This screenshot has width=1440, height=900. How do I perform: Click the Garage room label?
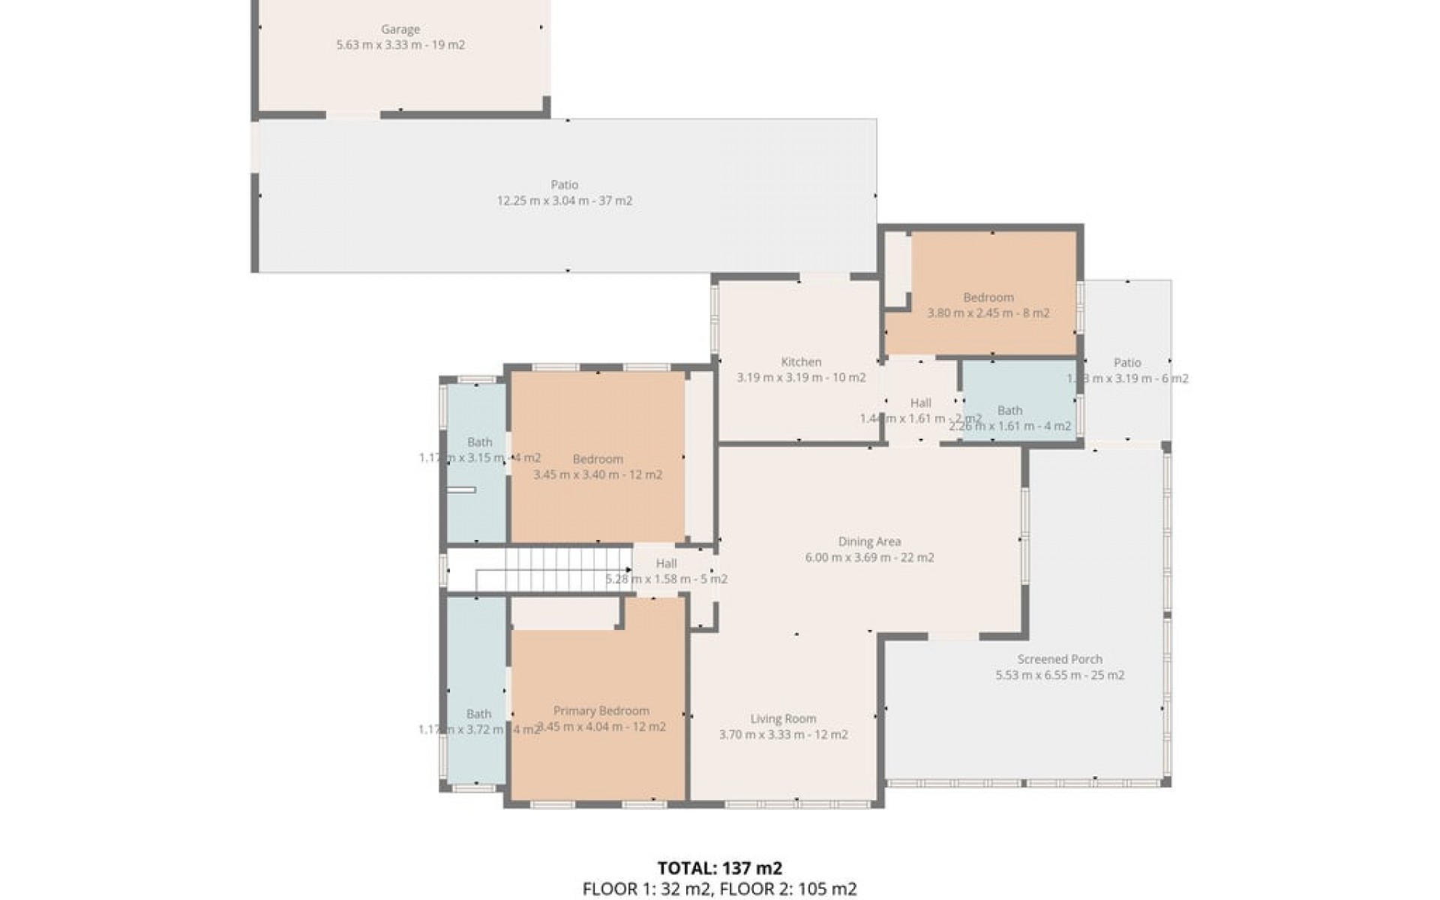pyautogui.click(x=400, y=29)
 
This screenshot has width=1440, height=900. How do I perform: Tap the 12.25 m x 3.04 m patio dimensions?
pyautogui.click(x=564, y=201)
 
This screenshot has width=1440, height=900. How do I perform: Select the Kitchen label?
pyautogui.click(x=801, y=361)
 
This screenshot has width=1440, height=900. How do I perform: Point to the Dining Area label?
pyautogui.click(x=869, y=541)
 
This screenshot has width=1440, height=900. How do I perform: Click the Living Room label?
pyautogui.click(x=783, y=718)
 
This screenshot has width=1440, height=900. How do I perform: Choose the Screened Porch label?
pyautogui.click(x=1059, y=659)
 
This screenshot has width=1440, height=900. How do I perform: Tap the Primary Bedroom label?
pyautogui.click(x=601, y=710)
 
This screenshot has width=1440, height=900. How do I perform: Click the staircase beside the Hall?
pyautogui.click(x=555, y=570)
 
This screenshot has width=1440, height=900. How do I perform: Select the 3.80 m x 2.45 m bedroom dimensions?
pyautogui.click(x=988, y=313)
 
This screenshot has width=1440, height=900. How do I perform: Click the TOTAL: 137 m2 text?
pyautogui.click(x=719, y=868)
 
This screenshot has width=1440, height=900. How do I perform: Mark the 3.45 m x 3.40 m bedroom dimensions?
pyautogui.click(x=597, y=475)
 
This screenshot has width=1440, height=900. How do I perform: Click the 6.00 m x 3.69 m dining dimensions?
pyautogui.click(x=869, y=557)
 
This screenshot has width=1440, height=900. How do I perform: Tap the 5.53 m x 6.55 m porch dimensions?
pyautogui.click(x=1059, y=675)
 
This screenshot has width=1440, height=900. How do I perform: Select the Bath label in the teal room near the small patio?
pyautogui.click(x=1009, y=410)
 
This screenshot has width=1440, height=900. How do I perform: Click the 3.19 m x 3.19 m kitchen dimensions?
pyautogui.click(x=801, y=377)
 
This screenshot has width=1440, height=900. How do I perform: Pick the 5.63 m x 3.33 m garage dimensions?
pyautogui.click(x=400, y=45)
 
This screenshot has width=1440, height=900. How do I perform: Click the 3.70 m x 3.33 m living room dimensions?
pyautogui.click(x=783, y=734)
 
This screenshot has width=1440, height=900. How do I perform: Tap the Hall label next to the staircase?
pyautogui.click(x=666, y=563)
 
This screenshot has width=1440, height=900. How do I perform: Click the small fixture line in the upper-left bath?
pyautogui.click(x=462, y=490)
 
